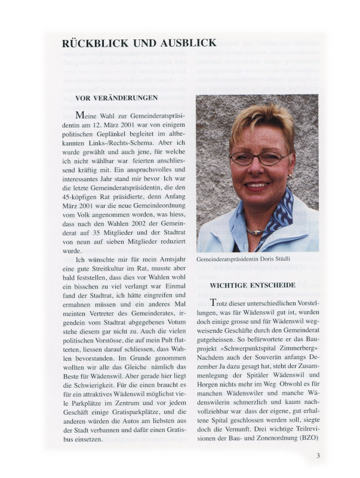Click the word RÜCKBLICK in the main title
click(93, 43)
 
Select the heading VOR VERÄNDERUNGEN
click(116, 97)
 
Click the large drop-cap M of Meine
click(80, 115)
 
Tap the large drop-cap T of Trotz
click(213, 304)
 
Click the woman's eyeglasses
click(259, 159)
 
